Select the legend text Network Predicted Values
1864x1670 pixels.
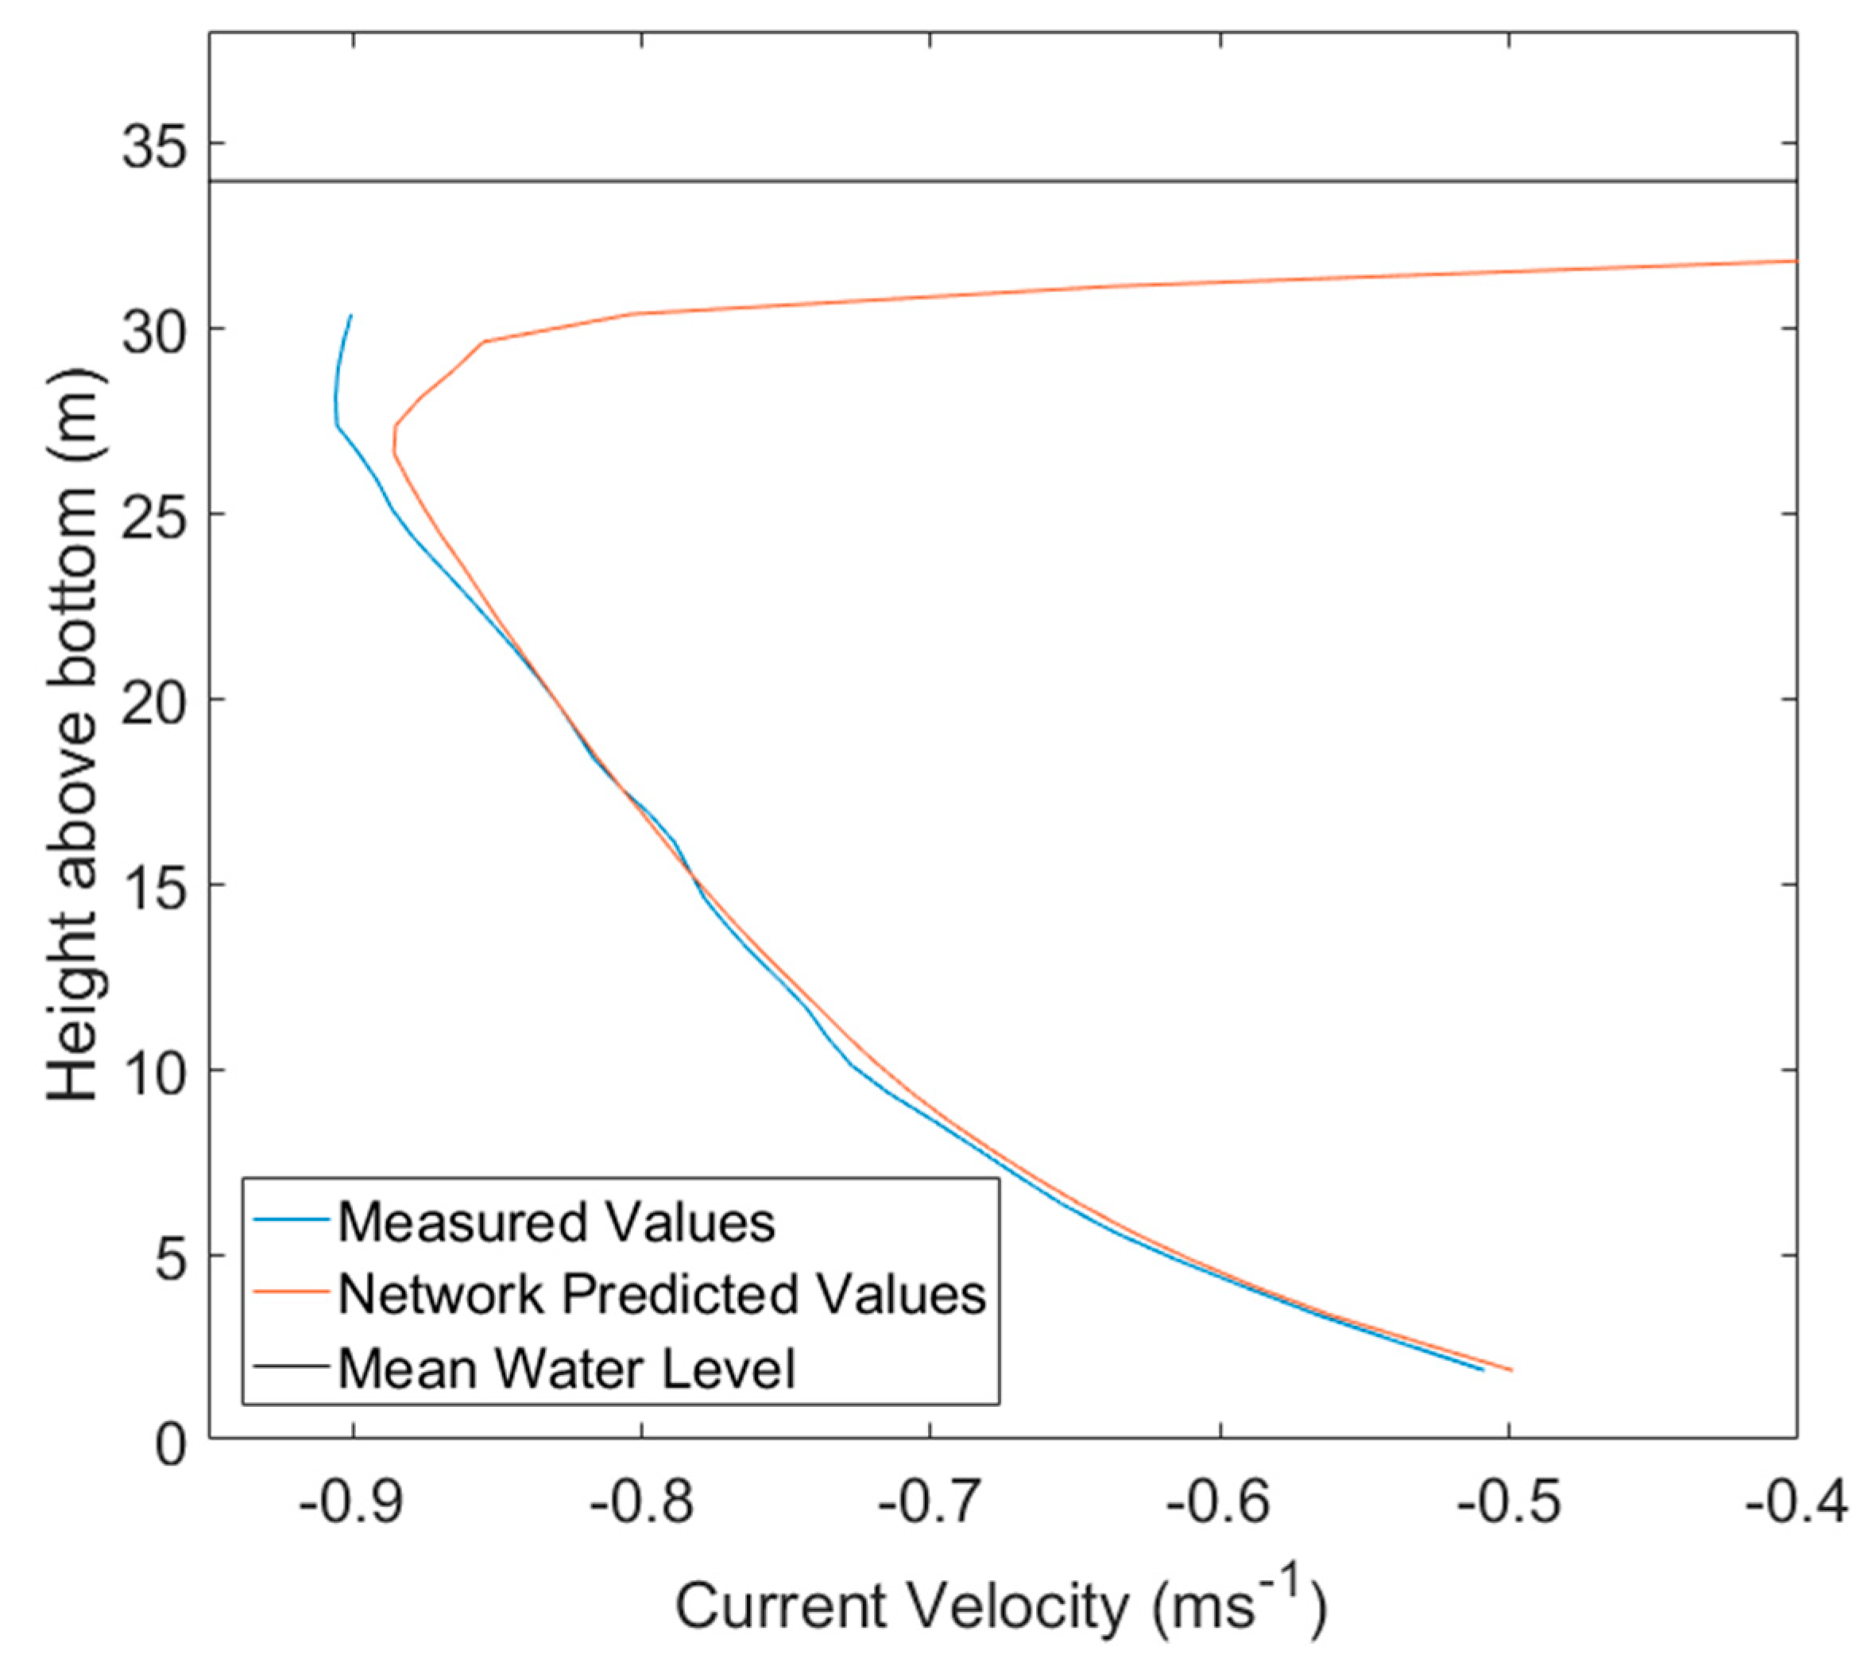(x=661, y=1295)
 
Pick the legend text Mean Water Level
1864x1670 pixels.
(x=566, y=1367)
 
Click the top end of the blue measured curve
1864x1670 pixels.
(x=351, y=316)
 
